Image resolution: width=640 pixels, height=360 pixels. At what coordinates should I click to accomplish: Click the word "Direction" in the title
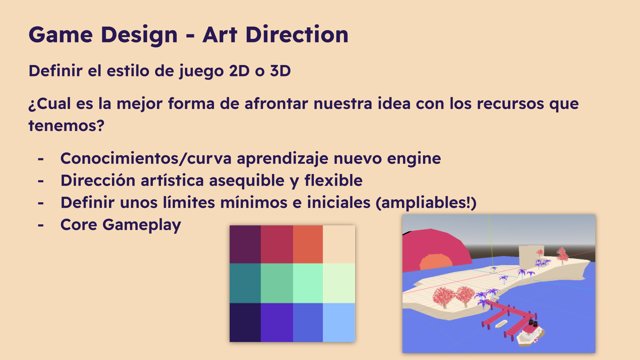point(297,35)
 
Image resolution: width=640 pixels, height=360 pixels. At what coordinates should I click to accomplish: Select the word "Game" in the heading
point(61,35)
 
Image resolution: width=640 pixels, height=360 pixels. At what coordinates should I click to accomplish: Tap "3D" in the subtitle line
point(280,71)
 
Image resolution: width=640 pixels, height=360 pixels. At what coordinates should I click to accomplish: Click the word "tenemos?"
point(66,126)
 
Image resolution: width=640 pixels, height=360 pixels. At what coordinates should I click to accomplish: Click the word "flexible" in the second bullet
point(333,180)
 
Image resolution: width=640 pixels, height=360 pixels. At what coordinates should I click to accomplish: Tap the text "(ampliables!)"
point(426,203)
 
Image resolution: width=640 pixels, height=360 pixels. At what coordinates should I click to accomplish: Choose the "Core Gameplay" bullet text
point(121,225)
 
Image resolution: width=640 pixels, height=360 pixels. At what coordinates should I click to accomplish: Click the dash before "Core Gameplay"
point(41,226)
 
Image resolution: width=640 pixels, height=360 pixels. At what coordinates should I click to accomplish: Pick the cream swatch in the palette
point(339,244)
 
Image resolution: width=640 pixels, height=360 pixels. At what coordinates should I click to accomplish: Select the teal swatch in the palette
point(245,283)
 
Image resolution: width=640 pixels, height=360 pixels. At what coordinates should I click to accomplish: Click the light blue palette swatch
point(339,322)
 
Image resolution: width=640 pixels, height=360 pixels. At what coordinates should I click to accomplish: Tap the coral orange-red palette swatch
point(308,244)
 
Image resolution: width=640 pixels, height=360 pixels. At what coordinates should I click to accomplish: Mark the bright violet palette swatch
point(277,322)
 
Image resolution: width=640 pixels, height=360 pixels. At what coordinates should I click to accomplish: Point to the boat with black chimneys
point(530,333)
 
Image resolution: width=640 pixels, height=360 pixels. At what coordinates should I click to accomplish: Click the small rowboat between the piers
point(501,323)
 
